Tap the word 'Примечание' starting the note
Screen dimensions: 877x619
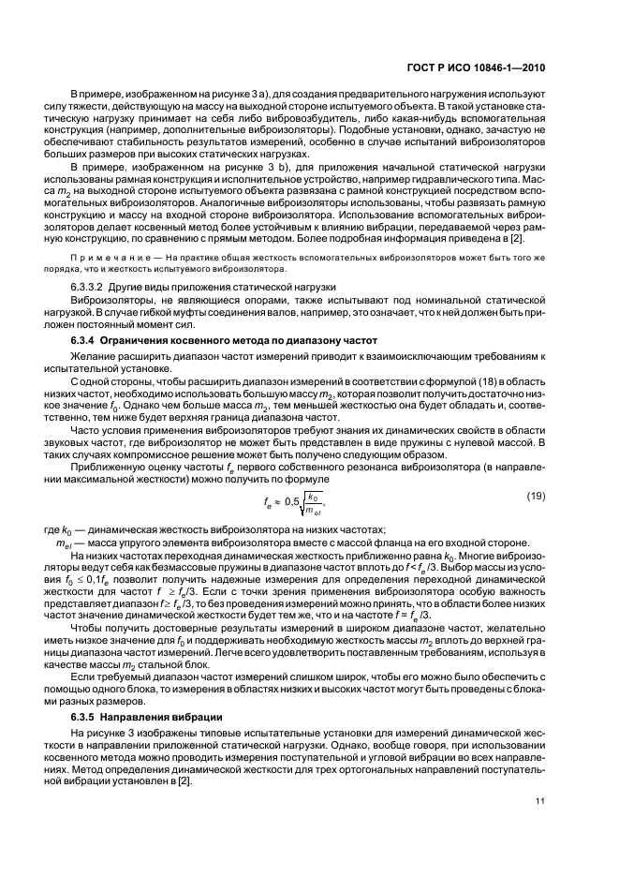click(x=106, y=257)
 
